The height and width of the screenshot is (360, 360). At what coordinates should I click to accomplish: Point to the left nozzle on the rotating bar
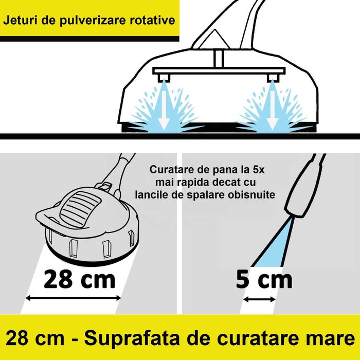164,77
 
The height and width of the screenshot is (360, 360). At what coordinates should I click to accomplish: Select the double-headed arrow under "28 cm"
74,298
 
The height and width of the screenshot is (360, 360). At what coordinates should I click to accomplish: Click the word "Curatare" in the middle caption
171,170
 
